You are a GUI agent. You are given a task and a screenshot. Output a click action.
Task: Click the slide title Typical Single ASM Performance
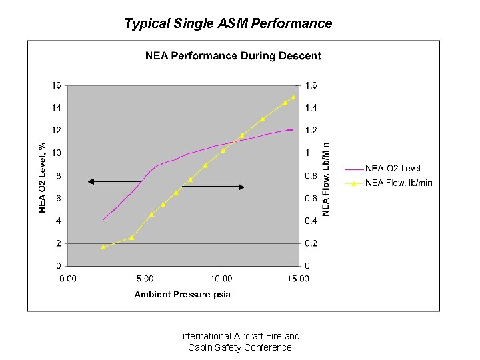[228, 24]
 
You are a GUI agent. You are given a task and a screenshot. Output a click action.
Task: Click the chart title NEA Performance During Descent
[233, 56]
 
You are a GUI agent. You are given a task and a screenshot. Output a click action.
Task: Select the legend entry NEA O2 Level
[393, 169]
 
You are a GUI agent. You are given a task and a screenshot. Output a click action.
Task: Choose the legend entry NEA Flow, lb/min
[398, 183]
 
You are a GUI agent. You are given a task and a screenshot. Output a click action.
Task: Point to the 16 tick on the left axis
[57, 85]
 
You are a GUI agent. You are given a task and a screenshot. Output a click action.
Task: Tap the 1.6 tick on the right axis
[311, 85]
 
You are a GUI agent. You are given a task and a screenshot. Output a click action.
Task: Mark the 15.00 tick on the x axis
[298, 279]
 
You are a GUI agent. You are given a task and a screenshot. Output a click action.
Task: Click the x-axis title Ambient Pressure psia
[182, 295]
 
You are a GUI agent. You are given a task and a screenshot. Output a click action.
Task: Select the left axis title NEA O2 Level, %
[42, 177]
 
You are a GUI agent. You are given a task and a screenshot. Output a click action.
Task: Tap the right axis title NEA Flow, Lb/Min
[326, 178]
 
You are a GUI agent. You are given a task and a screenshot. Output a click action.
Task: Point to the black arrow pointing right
[213, 187]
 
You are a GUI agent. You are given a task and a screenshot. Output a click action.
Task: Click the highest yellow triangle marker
[293, 97]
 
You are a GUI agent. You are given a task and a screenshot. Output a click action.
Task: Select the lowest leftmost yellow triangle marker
[103, 247]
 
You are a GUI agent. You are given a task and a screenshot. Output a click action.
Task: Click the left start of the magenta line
[103, 219]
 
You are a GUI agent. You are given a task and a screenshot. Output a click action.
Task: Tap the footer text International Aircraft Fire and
[240, 336]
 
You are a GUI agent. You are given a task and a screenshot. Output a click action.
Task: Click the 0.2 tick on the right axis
[311, 243]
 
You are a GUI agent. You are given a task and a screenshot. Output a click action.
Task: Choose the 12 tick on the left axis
[57, 131]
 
